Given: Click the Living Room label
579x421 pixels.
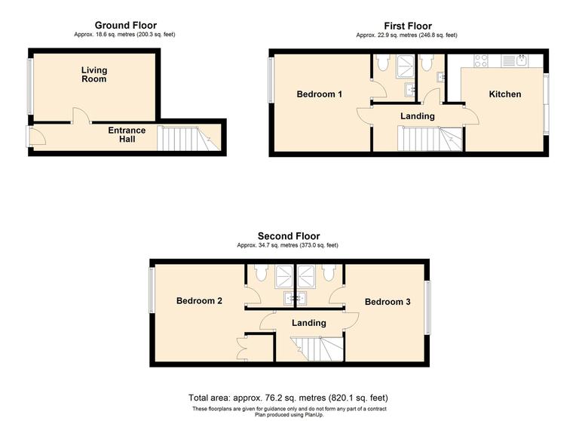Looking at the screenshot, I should coord(94,75).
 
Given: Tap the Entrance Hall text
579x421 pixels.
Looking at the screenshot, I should coord(127,134).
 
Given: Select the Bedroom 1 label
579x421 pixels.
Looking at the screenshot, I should coord(320,94).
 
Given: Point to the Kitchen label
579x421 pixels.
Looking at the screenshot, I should coord(504,94).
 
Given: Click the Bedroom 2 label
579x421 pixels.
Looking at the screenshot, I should coord(199,301).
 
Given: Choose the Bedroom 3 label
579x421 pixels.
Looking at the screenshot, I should coord(388,302).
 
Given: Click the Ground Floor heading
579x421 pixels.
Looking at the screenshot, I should coord(126,26).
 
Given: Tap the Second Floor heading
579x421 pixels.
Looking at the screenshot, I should coord(289,236).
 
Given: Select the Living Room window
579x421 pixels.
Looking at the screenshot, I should coord(30,85).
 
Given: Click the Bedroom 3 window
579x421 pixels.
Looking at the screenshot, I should coord(427,308).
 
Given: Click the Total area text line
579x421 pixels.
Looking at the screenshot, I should coord(289,398).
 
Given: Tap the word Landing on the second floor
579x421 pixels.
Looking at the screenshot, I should coord(309,323).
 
